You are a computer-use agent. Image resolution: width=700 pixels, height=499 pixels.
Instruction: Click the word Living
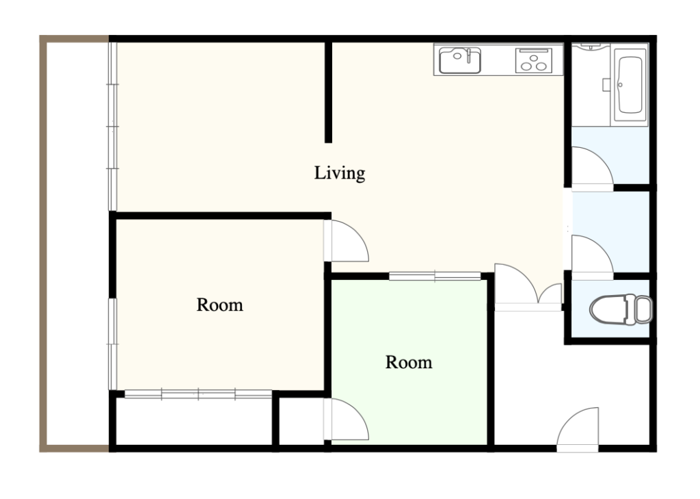click(x=340, y=173)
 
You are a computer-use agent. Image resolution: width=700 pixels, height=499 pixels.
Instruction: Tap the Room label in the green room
click(x=409, y=362)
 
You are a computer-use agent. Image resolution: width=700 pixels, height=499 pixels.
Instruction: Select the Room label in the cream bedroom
click(x=219, y=305)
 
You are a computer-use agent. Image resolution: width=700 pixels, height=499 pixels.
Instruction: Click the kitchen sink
click(x=460, y=60)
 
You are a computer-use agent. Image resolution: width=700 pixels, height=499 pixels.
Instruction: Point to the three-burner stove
click(x=533, y=60)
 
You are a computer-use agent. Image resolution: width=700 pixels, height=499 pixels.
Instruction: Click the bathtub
click(x=630, y=85)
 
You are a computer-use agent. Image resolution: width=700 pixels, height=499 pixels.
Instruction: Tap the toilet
click(x=621, y=309)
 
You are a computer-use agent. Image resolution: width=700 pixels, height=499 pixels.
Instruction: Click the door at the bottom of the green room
click(x=346, y=419)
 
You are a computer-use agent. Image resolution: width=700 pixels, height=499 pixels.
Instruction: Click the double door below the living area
click(x=528, y=286)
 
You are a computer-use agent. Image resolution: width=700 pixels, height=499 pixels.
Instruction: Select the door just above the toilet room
click(x=593, y=256)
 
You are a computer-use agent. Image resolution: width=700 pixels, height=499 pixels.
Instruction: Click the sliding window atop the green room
click(x=435, y=277)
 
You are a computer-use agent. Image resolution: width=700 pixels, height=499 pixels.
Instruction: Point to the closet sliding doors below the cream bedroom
click(x=198, y=394)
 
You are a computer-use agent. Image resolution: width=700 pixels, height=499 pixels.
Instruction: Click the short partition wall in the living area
click(x=328, y=92)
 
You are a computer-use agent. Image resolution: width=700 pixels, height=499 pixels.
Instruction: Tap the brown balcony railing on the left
click(x=43, y=244)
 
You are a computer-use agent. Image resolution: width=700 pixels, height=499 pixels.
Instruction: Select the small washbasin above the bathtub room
click(x=591, y=46)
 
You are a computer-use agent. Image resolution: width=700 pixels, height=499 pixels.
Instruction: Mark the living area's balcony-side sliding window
click(x=113, y=127)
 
